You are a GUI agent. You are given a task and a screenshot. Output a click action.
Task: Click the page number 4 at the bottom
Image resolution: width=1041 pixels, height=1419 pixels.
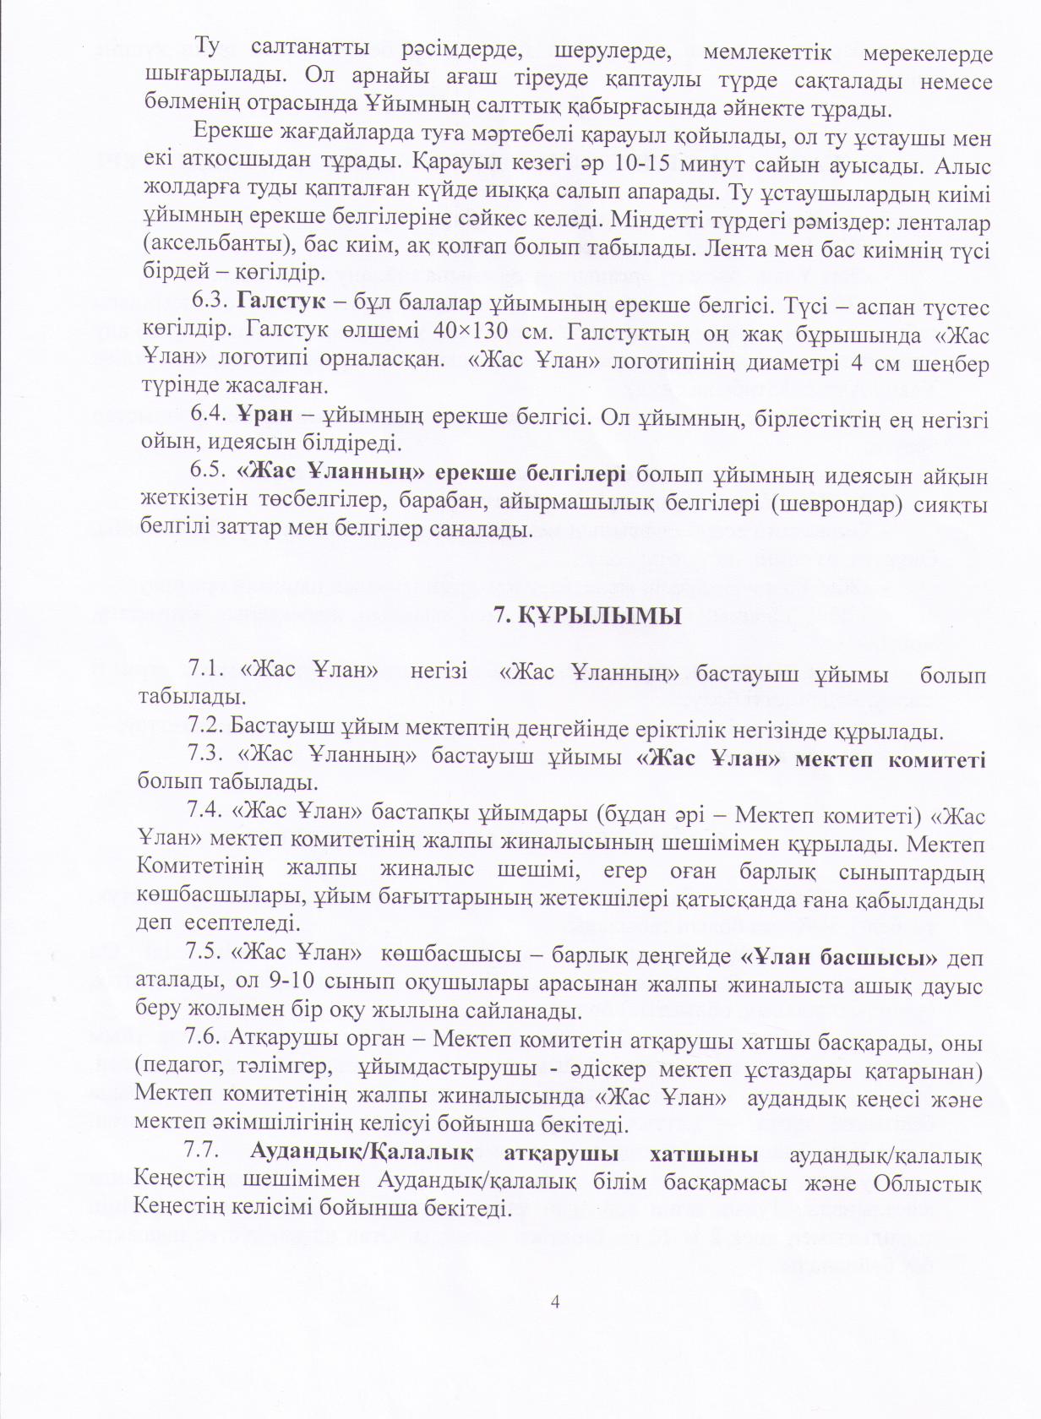coord(555,1301)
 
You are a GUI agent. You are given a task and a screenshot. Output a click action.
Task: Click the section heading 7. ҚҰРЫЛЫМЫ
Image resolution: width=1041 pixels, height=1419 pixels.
coord(587,617)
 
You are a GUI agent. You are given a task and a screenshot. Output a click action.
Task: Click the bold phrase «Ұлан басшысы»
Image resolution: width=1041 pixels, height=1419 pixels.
coord(839,957)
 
